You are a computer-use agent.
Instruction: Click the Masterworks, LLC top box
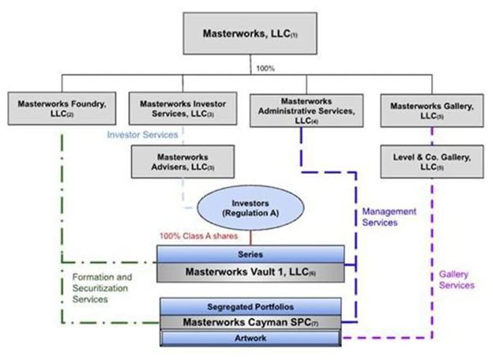pyautogui.click(x=250, y=34)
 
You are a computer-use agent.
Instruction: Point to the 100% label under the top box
pyautogui.click(x=265, y=68)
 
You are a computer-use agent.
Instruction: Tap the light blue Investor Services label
pyautogui.click(x=141, y=135)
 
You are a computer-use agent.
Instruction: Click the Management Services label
pyautogui.click(x=388, y=217)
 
